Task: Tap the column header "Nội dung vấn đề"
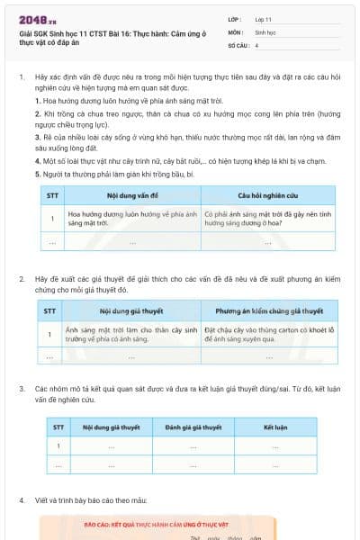[x=131, y=194]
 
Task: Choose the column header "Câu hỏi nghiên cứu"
[x=267, y=194]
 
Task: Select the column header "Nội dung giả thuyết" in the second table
[x=131, y=311]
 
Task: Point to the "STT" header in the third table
[x=58, y=427]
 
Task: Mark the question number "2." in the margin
[x=22, y=279]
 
